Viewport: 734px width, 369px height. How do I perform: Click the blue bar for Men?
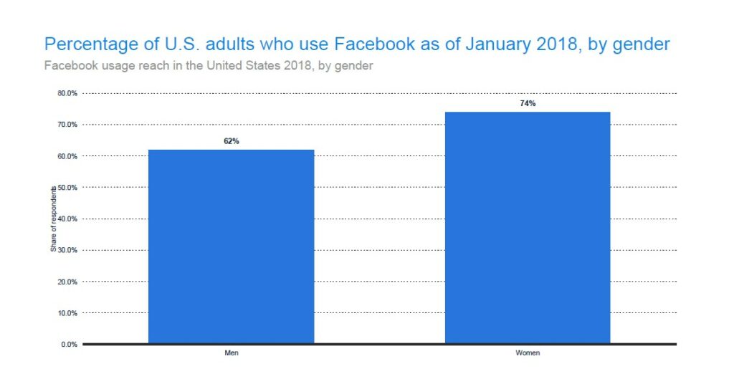231,246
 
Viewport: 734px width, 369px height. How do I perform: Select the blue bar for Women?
528,228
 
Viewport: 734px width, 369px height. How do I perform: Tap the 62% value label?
231,141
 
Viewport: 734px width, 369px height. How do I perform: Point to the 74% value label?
528,104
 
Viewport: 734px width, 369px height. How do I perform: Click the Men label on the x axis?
231,353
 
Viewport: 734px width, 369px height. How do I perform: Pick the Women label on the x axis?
528,353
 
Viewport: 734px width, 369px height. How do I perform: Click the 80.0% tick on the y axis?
67,93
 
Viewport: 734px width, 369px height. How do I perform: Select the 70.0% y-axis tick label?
67,125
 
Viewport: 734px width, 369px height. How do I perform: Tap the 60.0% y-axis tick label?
67,156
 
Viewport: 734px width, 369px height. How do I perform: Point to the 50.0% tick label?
67,188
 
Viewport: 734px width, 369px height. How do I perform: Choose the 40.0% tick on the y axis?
67,219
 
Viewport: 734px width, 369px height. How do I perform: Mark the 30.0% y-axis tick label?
67,250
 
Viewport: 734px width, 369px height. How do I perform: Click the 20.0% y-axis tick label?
67,282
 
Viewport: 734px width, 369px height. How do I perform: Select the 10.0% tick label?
67,313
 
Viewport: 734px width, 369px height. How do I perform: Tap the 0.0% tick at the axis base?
69,345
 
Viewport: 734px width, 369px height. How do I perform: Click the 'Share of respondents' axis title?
53,219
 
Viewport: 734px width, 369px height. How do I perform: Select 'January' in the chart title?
494,44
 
